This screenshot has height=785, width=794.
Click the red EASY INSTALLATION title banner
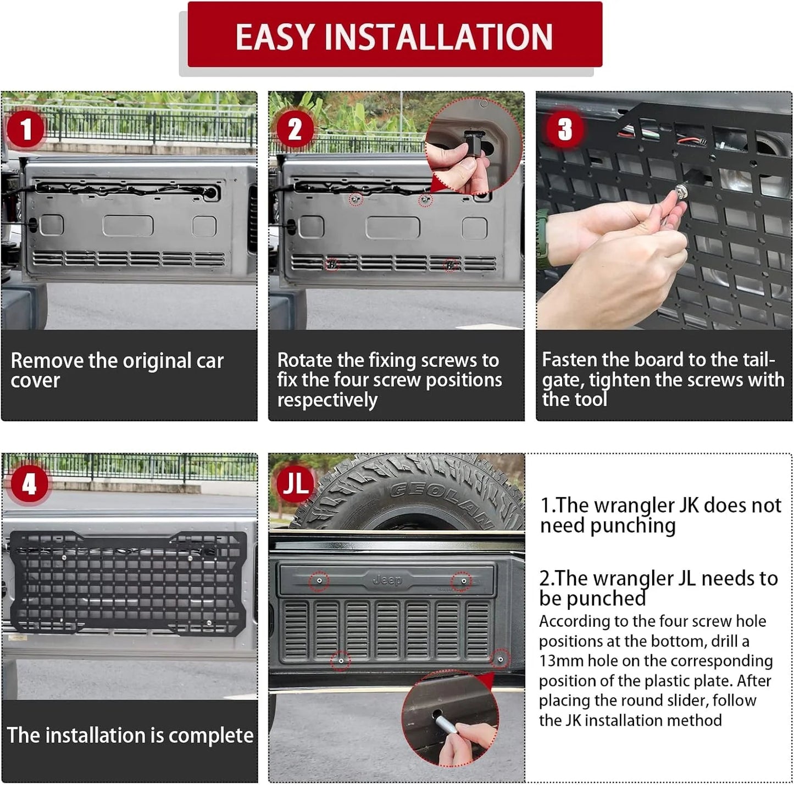(x=395, y=36)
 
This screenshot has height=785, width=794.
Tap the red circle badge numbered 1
(x=25, y=130)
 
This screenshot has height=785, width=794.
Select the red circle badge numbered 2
(x=295, y=130)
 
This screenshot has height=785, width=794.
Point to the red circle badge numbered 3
(x=564, y=130)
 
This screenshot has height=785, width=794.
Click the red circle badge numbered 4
(x=29, y=484)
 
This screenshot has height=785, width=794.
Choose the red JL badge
(x=295, y=483)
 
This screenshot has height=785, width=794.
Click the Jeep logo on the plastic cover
(x=387, y=580)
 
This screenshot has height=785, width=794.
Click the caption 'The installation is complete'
(x=130, y=735)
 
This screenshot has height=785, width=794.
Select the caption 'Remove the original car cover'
(x=117, y=370)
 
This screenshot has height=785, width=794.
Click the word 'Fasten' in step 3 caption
(x=569, y=360)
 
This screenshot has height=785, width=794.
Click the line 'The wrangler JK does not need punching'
(x=660, y=515)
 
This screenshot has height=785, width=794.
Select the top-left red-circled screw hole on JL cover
(x=319, y=580)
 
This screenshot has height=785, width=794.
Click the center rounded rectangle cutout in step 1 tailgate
(x=127, y=226)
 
